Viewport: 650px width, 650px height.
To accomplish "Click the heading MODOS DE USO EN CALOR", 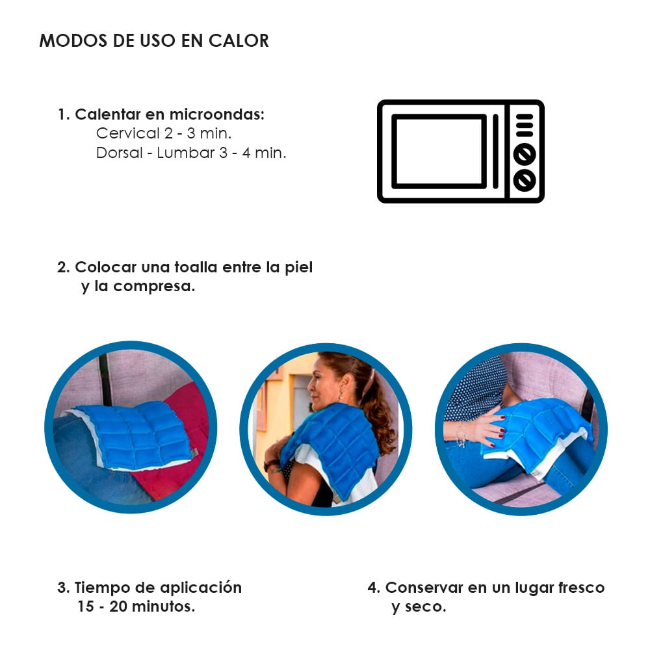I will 154,40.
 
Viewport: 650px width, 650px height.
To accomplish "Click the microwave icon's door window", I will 439,151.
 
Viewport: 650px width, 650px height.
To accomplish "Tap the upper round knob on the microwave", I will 524,154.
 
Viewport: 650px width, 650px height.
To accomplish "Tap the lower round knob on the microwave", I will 524,179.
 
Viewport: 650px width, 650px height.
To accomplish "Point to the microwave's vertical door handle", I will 495,151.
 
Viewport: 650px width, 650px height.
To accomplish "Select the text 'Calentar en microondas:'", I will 170,115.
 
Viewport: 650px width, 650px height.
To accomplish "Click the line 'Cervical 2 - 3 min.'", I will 164,134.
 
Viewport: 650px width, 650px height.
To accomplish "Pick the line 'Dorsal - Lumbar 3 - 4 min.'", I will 191,153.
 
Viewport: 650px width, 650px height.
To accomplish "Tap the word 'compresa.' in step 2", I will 154,287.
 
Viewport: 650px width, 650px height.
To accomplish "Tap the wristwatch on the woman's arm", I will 270,465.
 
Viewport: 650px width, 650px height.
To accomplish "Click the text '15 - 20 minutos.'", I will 136,607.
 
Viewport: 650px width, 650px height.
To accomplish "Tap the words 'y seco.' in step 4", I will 419,607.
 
